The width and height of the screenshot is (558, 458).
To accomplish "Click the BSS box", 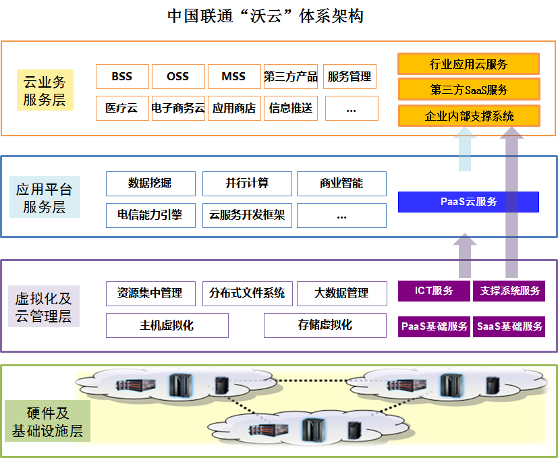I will point(122,76).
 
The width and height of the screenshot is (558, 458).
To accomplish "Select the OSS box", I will point(178,76).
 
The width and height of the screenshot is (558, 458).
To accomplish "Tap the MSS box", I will point(233,76).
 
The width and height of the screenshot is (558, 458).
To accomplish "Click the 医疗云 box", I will point(122,108).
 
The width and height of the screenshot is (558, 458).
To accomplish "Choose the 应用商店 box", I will point(233,108).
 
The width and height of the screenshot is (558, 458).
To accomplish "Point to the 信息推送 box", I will point(291,108).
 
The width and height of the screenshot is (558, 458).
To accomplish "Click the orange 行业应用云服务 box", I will point(468,64).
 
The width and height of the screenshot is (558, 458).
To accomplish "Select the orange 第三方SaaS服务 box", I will point(468,90).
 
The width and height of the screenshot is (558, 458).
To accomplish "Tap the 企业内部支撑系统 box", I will point(468,116).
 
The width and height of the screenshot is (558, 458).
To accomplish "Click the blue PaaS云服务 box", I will point(468,202).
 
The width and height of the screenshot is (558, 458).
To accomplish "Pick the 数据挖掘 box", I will point(150,183).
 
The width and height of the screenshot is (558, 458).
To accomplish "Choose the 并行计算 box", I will point(247,183).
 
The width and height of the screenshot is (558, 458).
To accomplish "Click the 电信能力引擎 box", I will point(150,215).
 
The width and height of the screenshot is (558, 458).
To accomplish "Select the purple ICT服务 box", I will point(434,291).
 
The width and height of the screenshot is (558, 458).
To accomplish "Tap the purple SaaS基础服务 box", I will point(509,326).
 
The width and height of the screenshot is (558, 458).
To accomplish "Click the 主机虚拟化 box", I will point(167,325).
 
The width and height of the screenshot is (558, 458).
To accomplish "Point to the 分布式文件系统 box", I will point(247,293).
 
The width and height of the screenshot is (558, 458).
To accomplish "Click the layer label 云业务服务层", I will point(45,92).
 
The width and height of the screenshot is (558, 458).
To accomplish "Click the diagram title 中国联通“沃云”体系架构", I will point(265,16).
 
